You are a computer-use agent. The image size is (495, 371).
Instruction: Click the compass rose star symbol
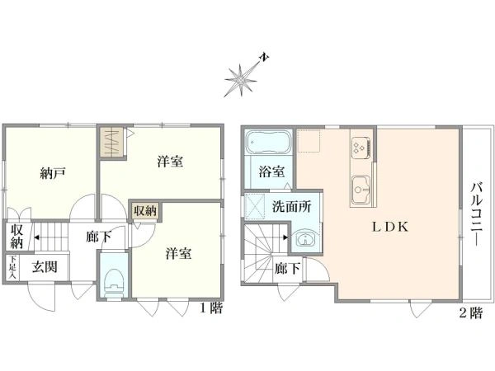241,81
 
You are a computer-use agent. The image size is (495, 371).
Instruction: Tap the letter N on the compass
264,58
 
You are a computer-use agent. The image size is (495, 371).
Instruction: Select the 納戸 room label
53,173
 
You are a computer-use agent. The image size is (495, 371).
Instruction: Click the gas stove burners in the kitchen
361,148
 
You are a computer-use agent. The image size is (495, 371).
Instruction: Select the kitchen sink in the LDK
361,190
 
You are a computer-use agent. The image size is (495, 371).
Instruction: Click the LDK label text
390,227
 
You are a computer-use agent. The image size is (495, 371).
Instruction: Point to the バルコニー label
477,214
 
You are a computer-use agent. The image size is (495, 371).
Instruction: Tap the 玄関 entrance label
45,267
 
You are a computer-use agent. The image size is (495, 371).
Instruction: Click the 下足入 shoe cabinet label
12,267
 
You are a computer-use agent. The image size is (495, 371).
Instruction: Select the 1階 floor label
211,308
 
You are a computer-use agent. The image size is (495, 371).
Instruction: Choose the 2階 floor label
471,313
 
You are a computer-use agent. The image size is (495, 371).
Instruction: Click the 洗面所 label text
292,207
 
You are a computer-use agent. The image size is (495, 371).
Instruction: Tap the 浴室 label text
271,171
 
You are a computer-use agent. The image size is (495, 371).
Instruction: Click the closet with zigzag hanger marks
113,143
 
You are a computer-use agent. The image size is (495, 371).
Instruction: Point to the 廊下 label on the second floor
287,269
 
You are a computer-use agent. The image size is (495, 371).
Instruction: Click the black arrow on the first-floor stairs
36,237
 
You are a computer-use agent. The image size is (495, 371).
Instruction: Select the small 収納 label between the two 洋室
145,210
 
